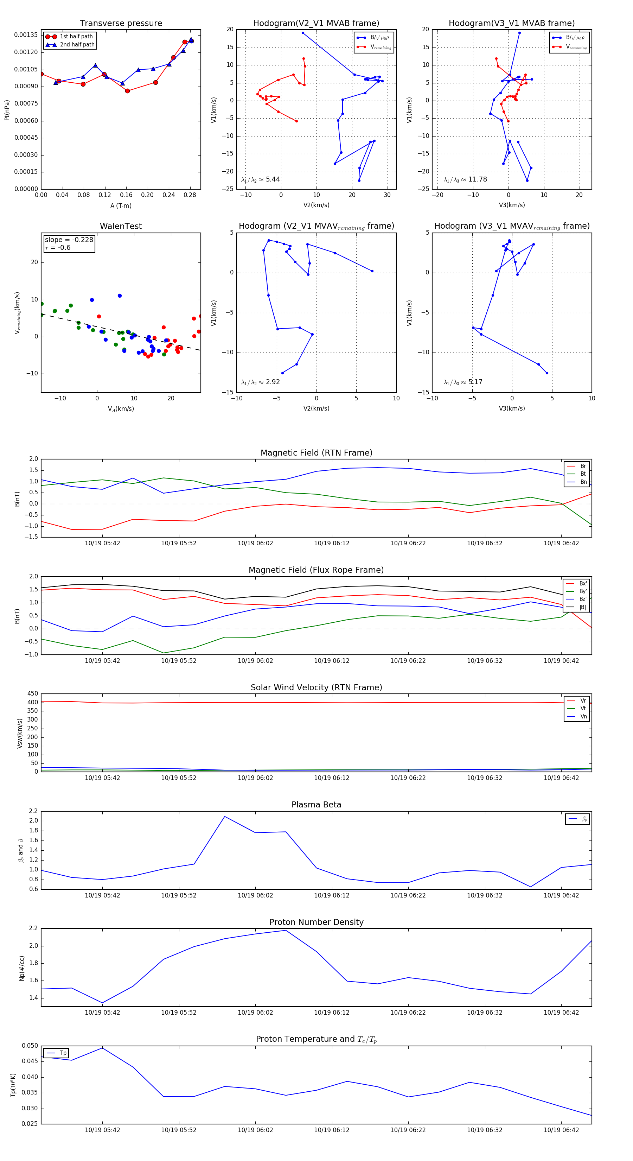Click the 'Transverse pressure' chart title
[x=121, y=24]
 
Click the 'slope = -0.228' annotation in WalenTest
[x=69, y=240]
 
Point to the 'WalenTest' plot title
[x=121, y=226]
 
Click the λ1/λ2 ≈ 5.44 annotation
[x=260, y=179]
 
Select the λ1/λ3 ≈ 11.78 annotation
[x=465, y=179]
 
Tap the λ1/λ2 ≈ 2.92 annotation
[x=260, y=382]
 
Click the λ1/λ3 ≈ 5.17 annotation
[x=463, y=382]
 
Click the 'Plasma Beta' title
[x=316, y=805]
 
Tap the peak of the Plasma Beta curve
[x=225, y=817]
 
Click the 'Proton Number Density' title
[x=316, y=922]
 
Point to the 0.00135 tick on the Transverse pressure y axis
[x=26, y=35]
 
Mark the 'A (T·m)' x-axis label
[x=121, y=206]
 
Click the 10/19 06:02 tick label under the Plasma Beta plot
[x=255, y=895]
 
